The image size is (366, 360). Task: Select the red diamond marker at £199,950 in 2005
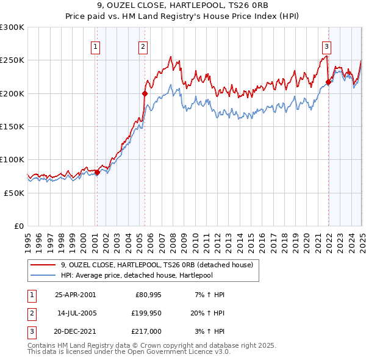(145, 93)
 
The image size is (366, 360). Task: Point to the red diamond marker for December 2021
(328, 82)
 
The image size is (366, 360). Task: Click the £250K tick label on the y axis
(12, 60)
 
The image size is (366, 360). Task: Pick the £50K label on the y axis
(15, 192)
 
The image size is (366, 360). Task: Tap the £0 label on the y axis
(19, 226)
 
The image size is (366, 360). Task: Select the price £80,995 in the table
(145, 295)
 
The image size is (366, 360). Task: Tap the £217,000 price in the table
(145, 333)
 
